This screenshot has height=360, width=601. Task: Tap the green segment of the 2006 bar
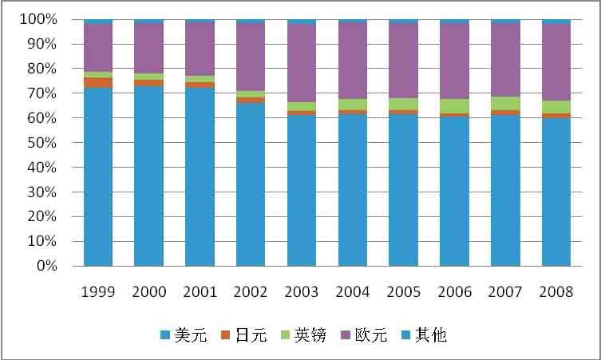click(454, 106)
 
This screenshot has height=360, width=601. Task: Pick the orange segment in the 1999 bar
click(98, 82)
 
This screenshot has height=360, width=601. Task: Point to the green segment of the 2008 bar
click(556, 107)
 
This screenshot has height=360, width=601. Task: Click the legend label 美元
click(191, 335)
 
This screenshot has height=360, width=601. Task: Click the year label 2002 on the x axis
click(251, 291)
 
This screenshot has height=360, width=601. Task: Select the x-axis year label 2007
click(505, 291)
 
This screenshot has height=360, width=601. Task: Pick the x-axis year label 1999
click(98, 291)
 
